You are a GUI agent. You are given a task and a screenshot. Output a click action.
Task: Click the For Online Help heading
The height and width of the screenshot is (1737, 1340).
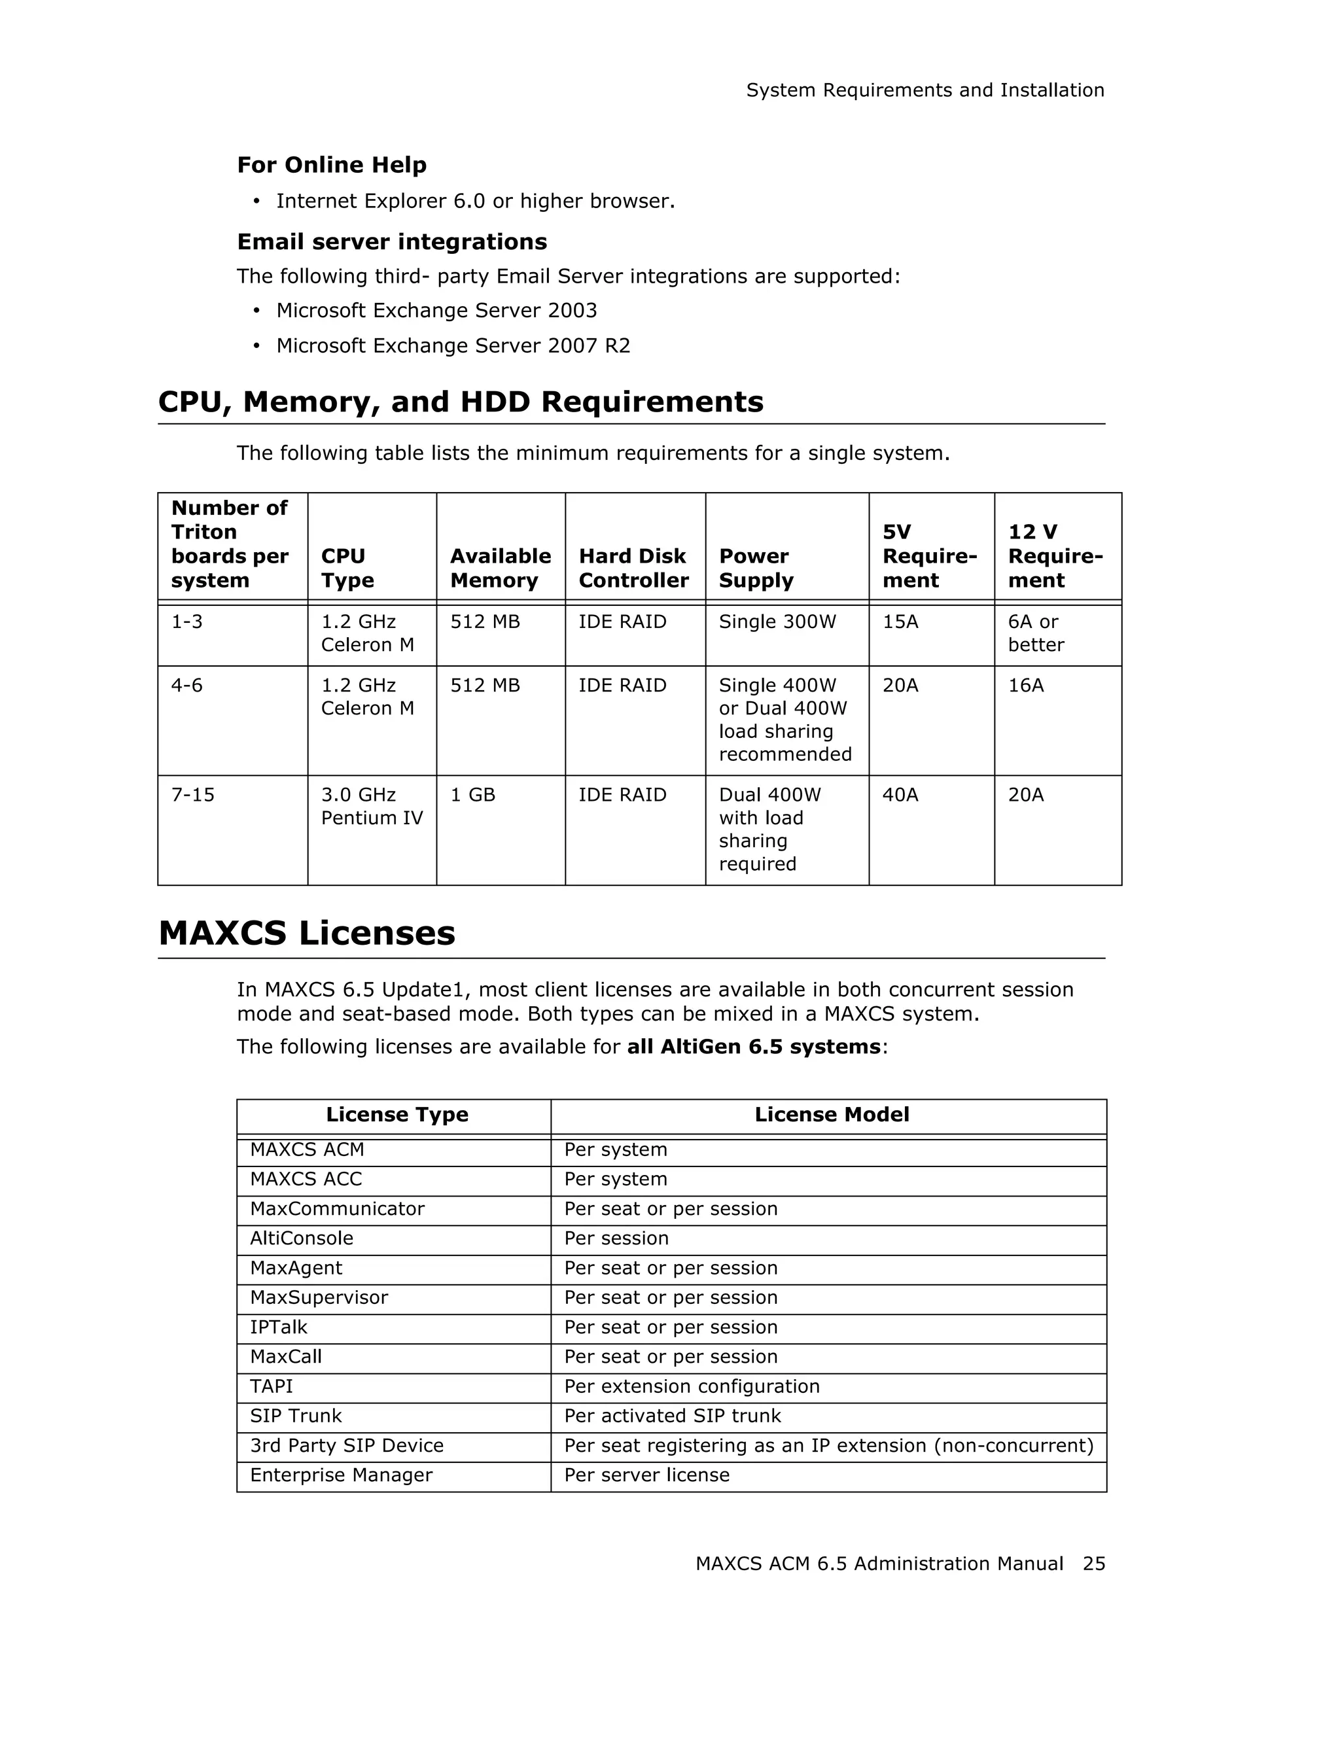[x=332, y=165]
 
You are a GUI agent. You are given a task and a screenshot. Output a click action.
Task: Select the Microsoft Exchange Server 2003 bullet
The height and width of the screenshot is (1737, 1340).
[x=436, y=310]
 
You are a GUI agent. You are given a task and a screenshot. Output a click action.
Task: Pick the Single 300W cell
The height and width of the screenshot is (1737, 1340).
[x=777, y=622]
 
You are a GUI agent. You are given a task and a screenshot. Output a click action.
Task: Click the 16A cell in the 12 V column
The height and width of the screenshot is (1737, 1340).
[x=1026, y=685]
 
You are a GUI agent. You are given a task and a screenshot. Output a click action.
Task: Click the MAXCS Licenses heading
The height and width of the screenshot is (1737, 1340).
[x=307, y=933]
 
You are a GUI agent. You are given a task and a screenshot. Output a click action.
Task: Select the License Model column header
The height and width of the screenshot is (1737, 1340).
[x=831, y=1114]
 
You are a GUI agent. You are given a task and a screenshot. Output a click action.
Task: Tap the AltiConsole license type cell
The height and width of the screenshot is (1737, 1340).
[x=302, y=1238]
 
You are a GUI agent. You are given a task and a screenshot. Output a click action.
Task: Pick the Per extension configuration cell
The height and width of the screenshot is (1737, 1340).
[x=692, y=1386]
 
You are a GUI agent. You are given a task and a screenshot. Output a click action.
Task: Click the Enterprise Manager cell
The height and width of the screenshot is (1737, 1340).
[x=341, y=1475]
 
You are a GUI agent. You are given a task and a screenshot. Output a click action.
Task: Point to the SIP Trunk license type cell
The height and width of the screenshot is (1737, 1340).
[x=296, y=1416]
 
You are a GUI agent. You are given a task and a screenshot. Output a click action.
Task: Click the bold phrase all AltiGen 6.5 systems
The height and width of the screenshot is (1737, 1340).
[x=753, y=1047]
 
